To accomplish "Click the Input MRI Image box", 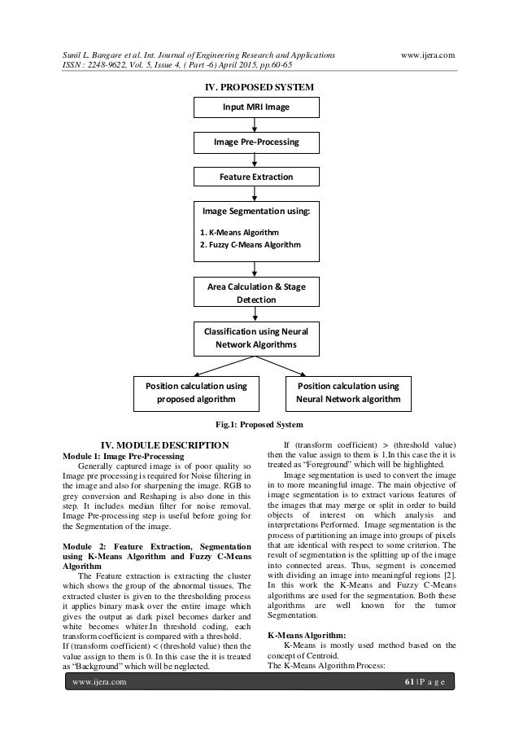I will (256, 107).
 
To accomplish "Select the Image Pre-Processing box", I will (256, 142).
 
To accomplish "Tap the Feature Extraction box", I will (256, 177).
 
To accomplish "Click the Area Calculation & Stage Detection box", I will (256, 294).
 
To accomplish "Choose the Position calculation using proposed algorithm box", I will (196, 392).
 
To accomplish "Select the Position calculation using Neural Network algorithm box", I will (349, 392).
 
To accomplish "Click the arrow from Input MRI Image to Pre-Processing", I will (256, 125).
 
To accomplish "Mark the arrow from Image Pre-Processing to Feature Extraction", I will (256, 160).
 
